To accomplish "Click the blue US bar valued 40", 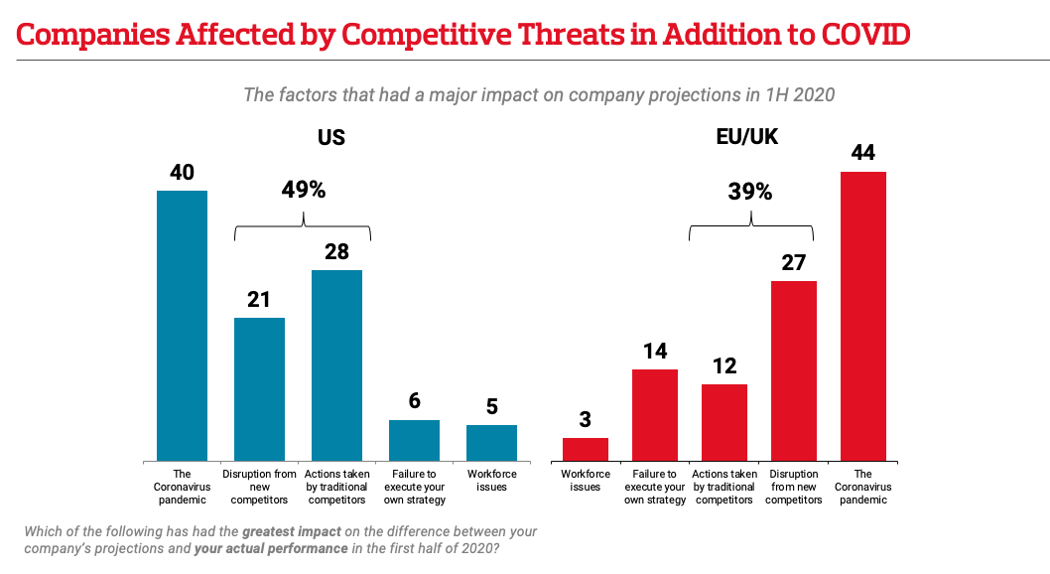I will (182, 325).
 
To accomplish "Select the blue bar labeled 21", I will (259, 388).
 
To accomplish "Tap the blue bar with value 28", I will (336, 364).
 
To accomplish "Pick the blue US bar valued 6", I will (414, 440).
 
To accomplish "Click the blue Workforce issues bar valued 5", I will (491, 442).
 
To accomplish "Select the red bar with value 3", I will (586, 449).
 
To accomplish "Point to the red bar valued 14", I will (655, 414).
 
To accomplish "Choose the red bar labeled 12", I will (724, 421).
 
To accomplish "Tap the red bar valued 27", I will (794, 370).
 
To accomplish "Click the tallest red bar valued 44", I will (863, 316).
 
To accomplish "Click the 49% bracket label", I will (304, 190).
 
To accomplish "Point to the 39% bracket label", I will (750, 192).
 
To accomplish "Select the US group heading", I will (331, 137).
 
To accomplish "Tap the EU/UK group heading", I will (747, 137).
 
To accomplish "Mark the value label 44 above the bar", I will (863, 154).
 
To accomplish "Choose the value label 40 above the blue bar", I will (182, 172).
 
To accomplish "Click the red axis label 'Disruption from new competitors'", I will (794, 487).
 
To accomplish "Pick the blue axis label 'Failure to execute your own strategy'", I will (414, 487).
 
